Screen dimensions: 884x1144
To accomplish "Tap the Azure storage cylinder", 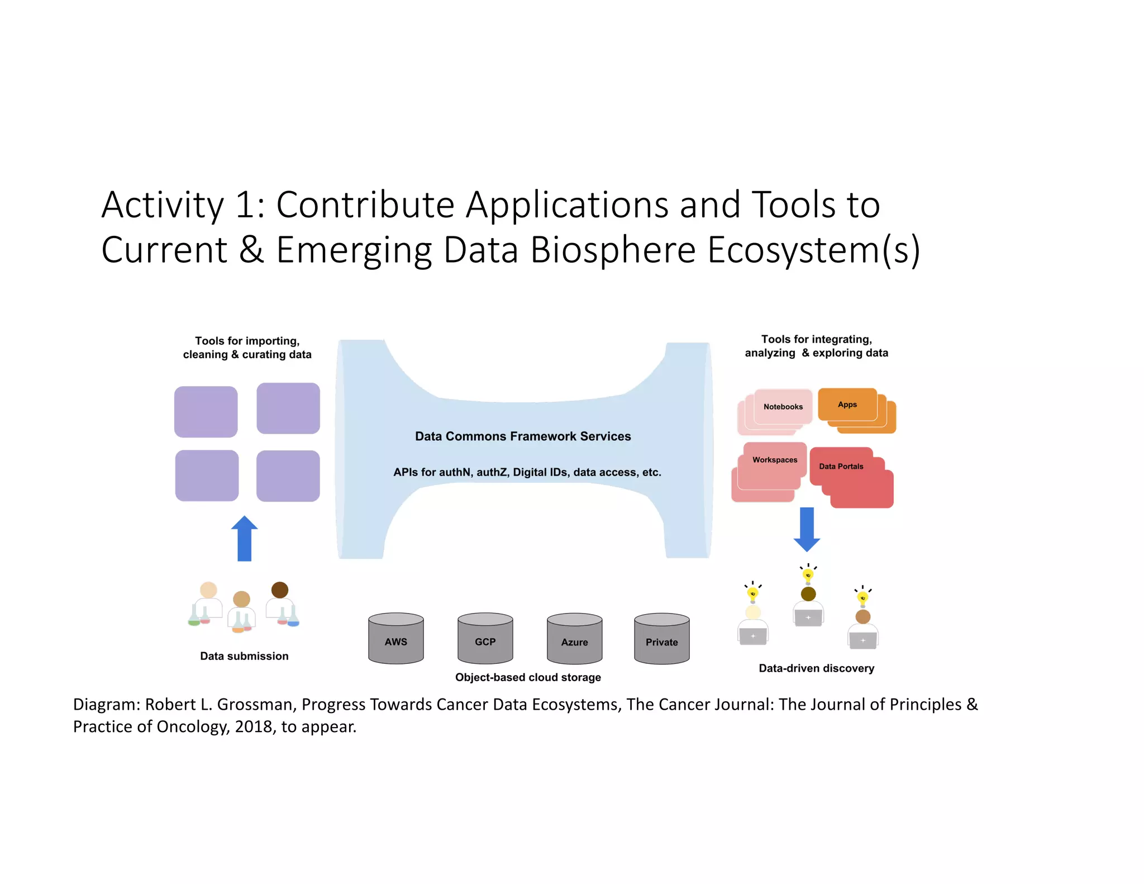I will pyautogui.click(x=574, y=639).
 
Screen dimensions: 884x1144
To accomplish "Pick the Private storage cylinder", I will pyautogui.click(x=661, y=639).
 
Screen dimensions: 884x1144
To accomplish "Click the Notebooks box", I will pyautogui.click(x=783, y=406).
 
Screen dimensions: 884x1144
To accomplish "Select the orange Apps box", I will pyautogui.click(x=847, y=404).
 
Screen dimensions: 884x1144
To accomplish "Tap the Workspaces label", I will pyautogui.click(x=774, y=459).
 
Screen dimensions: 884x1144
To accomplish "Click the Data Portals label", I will pyautogui.click(x=841, y=466).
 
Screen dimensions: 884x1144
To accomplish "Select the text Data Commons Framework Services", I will pyautogui.click(x=522, y=436).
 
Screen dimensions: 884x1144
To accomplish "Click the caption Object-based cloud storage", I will pyautogui.click(x=528, y=677).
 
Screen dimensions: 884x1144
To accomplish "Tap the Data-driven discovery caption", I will pyautogui.click(x=816, y=668).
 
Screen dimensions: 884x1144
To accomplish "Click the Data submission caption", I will pyautogui.click(x=244, y=655).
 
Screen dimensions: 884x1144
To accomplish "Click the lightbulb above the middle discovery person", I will pyautogui.click(x=808, y=574).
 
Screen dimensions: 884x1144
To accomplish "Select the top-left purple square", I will pyautogui.click(x=206, y=411).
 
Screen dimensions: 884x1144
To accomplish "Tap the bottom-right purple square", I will pyautogui.click(x=288, y=476).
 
